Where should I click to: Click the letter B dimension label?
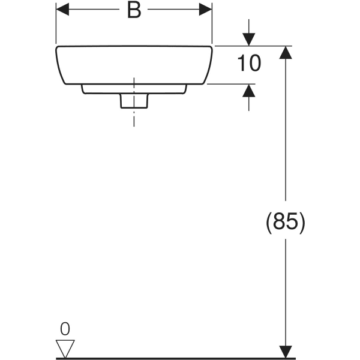[134, 11]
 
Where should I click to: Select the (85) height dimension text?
[286, 223]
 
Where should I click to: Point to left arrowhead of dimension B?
[62, 10]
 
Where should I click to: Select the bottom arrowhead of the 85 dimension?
[286, 352]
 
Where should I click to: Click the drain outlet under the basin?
[133, 101]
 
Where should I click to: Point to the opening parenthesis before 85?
[268, 223]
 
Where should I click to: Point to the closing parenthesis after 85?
[303, 223]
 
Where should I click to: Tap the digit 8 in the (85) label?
[280, 223]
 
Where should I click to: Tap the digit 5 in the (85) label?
[292, 223]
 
